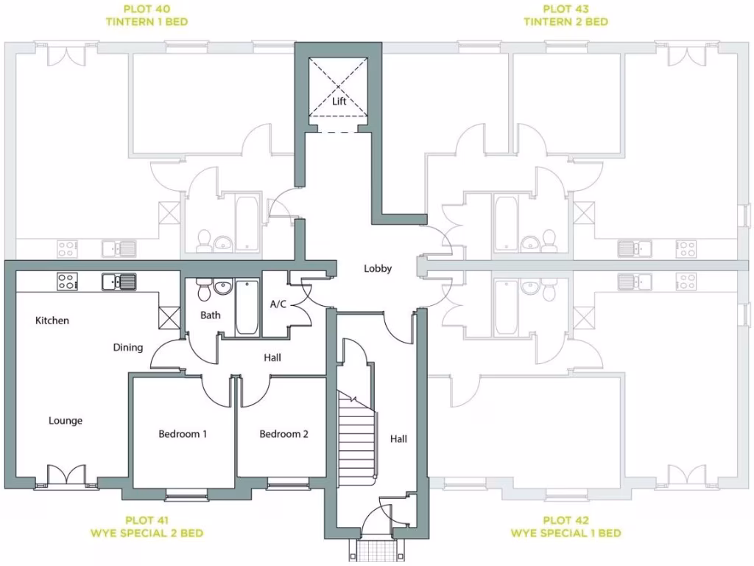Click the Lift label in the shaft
(x=339, y=102)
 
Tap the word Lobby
(x=378, y=269)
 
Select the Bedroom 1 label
(x=183, y=434)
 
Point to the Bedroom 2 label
(x=283, y=434)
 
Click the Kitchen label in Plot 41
(x=52, y=321)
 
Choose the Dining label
(x=128, y=347)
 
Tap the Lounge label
(x=66, y=421)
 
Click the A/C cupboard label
(x=278, y=304)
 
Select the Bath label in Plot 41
(x=211, y=315)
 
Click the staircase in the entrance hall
(x=356, y=435)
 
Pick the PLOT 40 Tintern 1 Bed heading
(x=146, y=15)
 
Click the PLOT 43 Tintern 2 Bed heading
(x=565, y=15)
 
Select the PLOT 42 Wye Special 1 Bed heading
(x=565, y=526)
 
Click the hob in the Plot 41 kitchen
(x=67, y=281)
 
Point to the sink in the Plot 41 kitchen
(x=119, y=281)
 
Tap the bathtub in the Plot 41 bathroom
(x=247, y=306)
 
